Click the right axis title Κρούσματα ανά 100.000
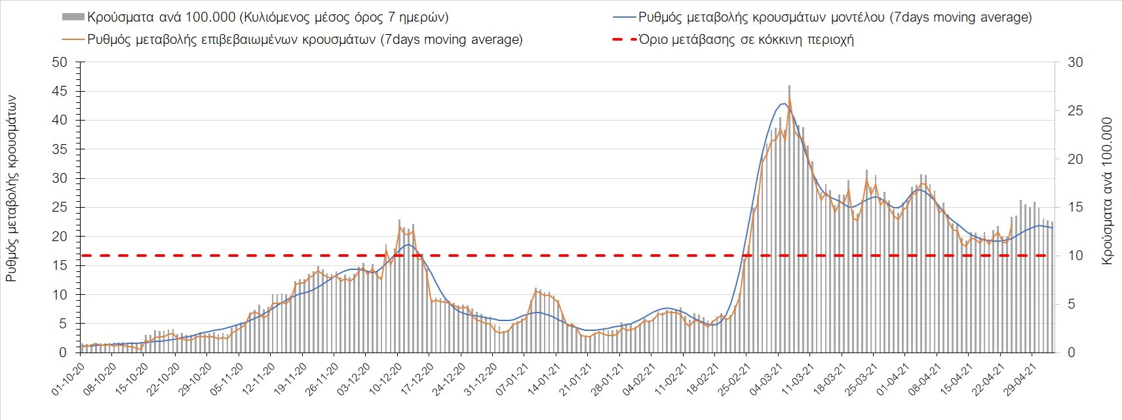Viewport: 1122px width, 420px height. [1107, 191]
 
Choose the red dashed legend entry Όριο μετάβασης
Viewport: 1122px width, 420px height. [746, 39]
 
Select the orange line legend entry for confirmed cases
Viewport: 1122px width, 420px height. [305, 39]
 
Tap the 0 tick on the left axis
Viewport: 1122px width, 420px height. [63, 353]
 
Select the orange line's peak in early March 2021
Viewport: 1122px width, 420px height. [790, 98]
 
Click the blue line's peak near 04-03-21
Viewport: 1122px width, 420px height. [784, 104]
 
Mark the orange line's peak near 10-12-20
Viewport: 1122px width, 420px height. [400, 227]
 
